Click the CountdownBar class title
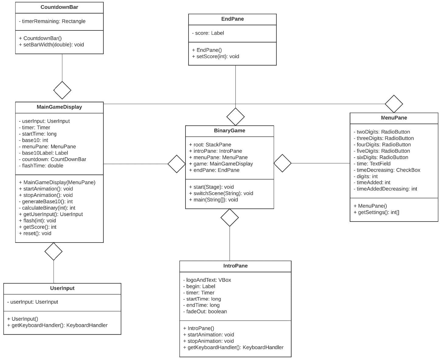59,7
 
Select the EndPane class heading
232,19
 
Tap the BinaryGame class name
229,131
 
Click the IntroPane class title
235,266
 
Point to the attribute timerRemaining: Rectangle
52,21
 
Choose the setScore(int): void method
216,56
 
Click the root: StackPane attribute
210,145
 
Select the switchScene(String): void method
221,193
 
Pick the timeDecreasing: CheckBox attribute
387,170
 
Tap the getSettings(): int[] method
376,212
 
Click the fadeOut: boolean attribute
205,311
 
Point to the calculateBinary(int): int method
47,208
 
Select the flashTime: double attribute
41,166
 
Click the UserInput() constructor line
23,319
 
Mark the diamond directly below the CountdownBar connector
62,90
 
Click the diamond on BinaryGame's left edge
177,164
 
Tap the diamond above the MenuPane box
394,104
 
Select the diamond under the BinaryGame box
230,218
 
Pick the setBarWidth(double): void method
51,44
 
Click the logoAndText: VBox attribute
207,280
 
